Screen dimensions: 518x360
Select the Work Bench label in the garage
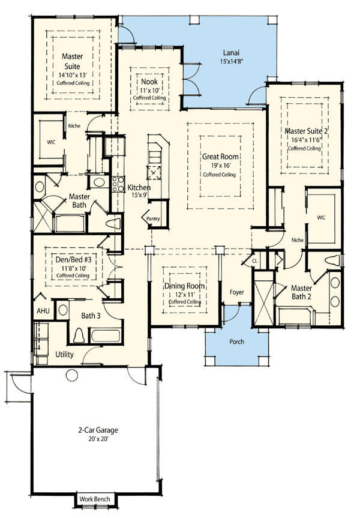[97, 499]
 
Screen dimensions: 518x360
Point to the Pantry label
[154, 220]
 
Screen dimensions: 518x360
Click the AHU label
[43, 312]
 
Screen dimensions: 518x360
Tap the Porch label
[236, 342]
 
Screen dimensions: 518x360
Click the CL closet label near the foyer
[254, 261]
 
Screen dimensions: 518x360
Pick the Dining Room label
[184, 286]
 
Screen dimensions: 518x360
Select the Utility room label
[64, 355]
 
